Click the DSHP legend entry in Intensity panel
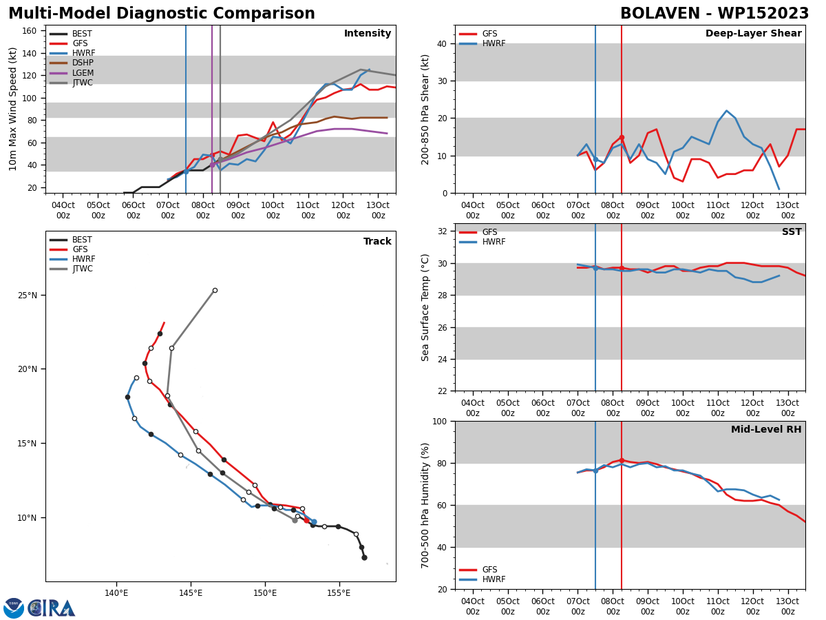(72, 63)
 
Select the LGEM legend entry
(72, 72)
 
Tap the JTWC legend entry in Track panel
(71, 269)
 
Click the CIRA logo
(39, 607)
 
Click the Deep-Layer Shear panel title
(753, 33)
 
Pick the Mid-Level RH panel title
(766, 429)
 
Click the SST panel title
(792, 231)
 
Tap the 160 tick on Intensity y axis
(29, 31)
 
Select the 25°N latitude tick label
(27, 295)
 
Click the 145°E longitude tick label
(191, 593)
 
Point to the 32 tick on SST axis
(442, 231)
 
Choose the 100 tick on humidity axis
(440, 421)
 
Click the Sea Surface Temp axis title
(425, 307)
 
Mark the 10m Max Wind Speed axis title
(12, 109)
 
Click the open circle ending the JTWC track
(215, 290)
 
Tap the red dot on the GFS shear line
(622, 138)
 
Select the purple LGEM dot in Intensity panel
(212, 165)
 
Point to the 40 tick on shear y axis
(442, 43)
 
